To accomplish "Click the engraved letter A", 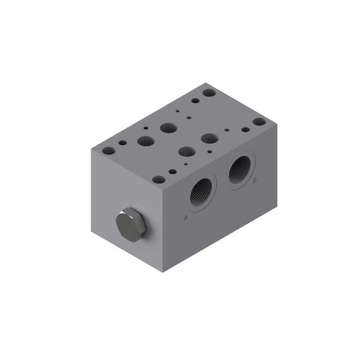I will click(x=186, y=216).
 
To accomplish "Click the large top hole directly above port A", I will click(x=185, y=152).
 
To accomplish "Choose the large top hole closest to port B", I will click(x=210, y=138).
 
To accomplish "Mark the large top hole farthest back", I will click(x=169, y=128).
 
